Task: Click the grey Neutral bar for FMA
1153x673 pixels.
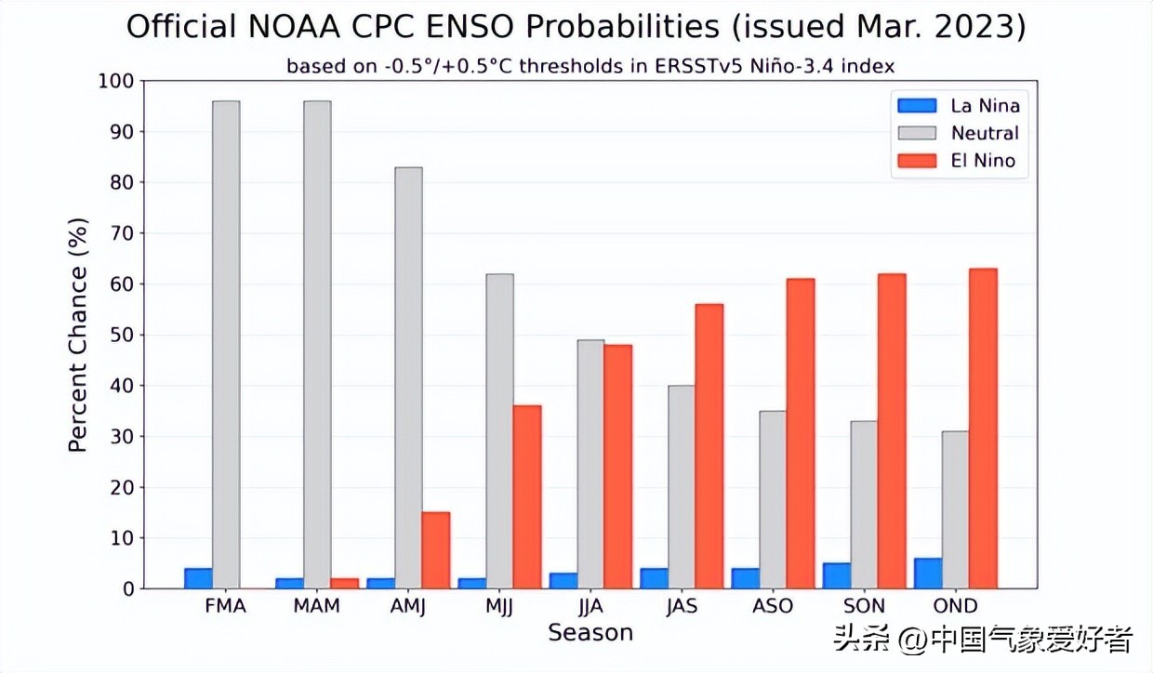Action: [x=226, y=344]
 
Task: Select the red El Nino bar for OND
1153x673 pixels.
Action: [x=983, y=429]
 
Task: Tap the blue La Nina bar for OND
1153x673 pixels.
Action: [x=928, y=574]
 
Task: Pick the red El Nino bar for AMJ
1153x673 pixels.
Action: [x=435, y=550]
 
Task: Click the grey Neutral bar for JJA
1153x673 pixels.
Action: [x=590, y=464]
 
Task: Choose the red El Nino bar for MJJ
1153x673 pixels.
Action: [x=526, y=496]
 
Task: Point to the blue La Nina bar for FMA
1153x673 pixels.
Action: [x=198, y=578]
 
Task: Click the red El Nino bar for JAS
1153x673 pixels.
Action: [x=709, y=446]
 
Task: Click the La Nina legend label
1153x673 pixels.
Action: [x=985, y=105]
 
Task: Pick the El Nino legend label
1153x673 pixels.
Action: [x=983, y=161]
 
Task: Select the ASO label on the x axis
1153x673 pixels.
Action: [x=773, y=606]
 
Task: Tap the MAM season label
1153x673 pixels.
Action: [x=317, y=606]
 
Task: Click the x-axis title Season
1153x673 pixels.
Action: [x=590, y=633]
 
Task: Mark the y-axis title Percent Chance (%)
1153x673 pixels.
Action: [x=78, y=335]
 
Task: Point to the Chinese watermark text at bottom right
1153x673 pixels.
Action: [x=984, y=640]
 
